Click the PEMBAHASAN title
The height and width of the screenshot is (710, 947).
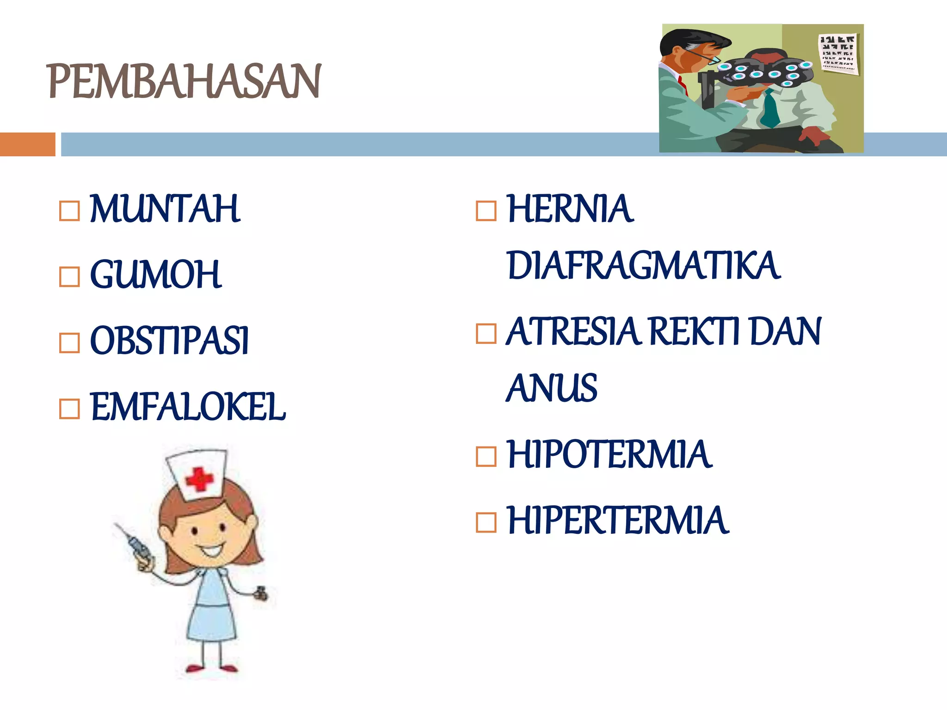(x=184, y=81)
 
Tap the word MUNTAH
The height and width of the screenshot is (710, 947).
(x=165, y=209)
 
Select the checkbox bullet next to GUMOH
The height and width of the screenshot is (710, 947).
(x=69, y=277)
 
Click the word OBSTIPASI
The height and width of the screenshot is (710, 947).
(x=169, y=341)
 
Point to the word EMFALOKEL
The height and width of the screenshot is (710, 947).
(x=188, y=407)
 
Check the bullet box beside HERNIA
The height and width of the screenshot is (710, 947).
(x=486, y=211)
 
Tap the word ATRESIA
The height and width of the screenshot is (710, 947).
(x=573, y=331)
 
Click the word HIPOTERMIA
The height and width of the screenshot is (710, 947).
(x=609, y=455)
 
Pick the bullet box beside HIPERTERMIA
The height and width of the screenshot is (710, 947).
(x=486, y=523)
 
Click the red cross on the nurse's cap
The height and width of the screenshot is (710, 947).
(x=199, y=479)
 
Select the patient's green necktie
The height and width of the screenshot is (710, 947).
(x=770, y=111)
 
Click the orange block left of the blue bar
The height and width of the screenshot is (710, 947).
(x=27, y=144)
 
